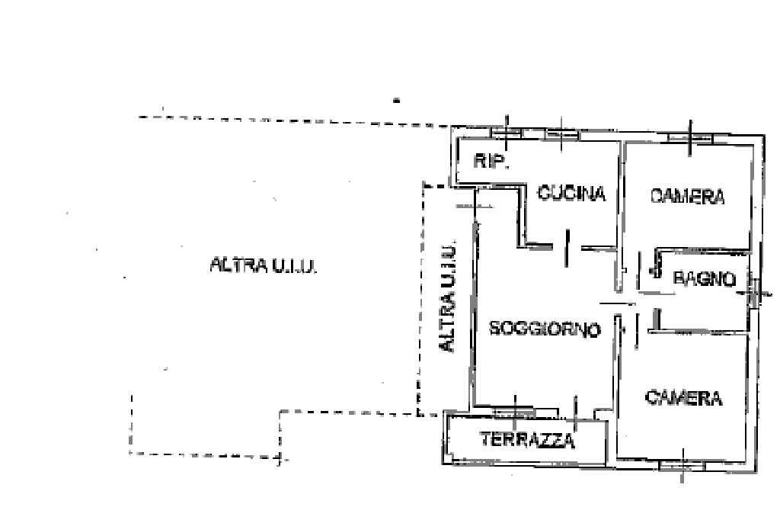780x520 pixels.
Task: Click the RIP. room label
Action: (491, 161)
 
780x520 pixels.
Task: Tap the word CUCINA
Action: (571, 194)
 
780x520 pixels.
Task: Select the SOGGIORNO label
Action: (545, 329)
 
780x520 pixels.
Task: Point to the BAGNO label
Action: (705, 279)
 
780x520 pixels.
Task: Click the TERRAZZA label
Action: (527, 440)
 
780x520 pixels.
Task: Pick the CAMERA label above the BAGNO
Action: (687, 197)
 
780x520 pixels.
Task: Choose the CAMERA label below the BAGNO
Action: (683, 398)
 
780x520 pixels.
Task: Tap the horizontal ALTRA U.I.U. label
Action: (263, 265)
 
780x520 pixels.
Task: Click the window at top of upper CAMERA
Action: (690, 138)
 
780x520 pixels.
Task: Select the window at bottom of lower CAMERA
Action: (682, 464)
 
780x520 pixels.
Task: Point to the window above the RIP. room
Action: (507, 132)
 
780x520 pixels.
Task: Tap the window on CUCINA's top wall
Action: (561, 134)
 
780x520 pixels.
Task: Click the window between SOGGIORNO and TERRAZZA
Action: (516, 412)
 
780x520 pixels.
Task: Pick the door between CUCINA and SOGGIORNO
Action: (566, 248)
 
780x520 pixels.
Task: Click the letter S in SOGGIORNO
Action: (494, 329)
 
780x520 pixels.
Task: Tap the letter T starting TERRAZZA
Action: (485, 440)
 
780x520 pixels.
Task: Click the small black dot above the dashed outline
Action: (396, 99)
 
